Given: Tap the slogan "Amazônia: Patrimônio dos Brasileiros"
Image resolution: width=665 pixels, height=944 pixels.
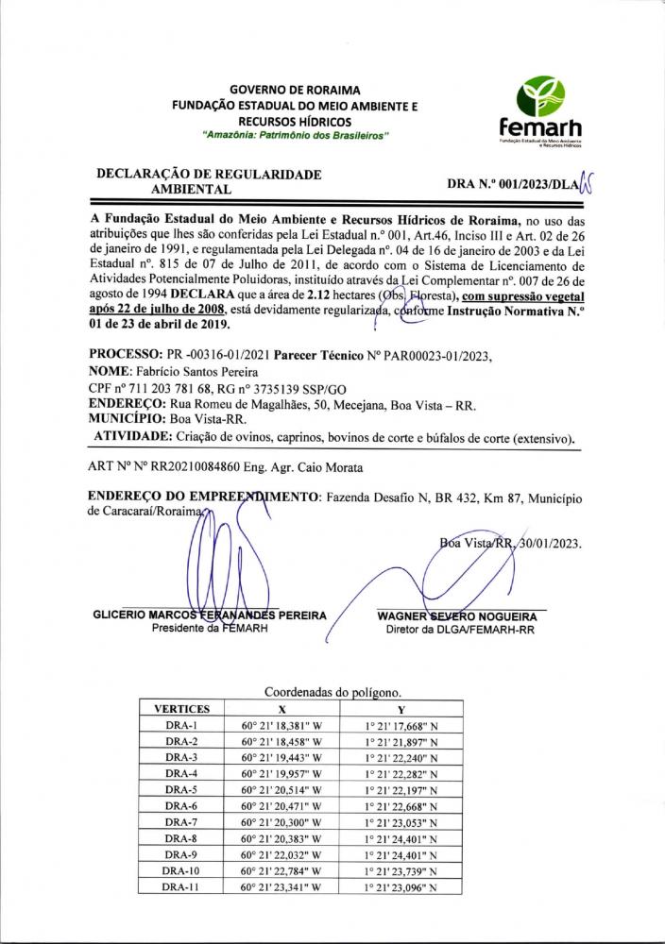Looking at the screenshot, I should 295,137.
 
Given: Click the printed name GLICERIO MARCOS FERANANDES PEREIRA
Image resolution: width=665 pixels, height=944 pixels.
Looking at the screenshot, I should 210,615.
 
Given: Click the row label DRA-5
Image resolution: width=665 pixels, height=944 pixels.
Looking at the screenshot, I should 179,789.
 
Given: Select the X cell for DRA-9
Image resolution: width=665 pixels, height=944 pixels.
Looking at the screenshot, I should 282,854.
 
